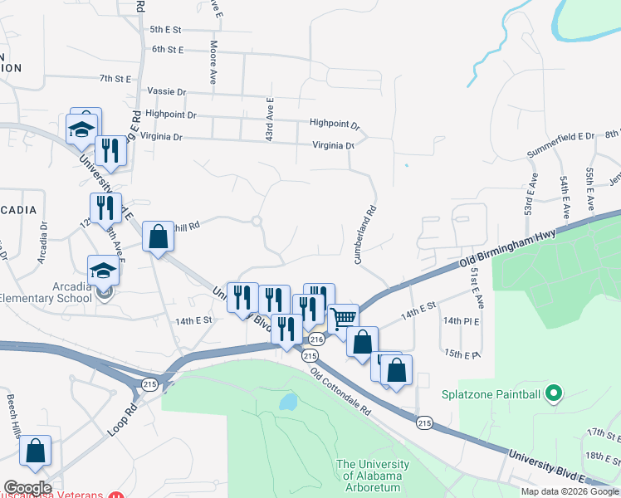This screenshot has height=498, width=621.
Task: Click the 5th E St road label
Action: click(x=165, y=29)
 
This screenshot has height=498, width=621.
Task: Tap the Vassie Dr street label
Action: click(x=164, y=91)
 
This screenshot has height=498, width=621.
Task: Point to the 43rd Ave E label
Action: click(x=270, y=118)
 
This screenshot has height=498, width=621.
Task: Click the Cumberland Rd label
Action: click(x=366, y=235)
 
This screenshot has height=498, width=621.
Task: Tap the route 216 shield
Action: click(x=315, y=339)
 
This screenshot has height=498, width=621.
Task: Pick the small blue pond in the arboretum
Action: click(x=288, y=403)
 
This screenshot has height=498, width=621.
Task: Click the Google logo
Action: click(x=27, y=488)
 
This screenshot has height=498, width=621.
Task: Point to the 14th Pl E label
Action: click(x=462, y=320)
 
